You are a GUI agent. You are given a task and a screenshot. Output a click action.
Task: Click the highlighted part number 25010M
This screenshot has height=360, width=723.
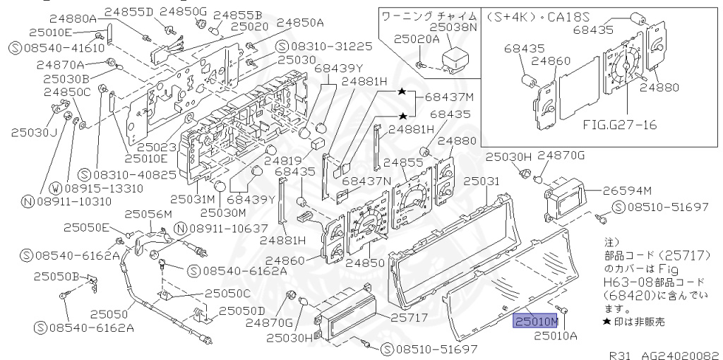[x=536, y=322]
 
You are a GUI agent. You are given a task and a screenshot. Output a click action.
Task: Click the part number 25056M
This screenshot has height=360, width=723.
[x=148, y=214]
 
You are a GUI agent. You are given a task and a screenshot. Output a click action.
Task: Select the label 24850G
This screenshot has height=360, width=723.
[x=183, y=11]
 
